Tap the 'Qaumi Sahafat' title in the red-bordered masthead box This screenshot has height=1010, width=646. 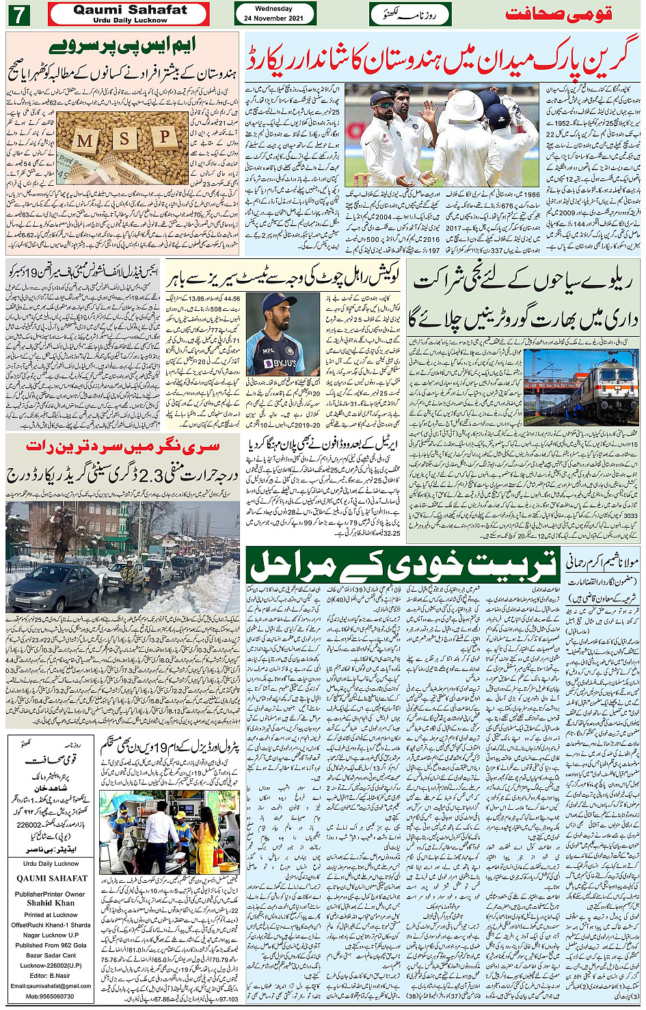(130, 10)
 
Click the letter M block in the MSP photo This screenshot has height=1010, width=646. (86, 142)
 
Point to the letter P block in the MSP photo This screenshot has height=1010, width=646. (164, 137)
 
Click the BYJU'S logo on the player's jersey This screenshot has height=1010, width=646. (280, 363)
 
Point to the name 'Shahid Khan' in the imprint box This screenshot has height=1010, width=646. (51, 903)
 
